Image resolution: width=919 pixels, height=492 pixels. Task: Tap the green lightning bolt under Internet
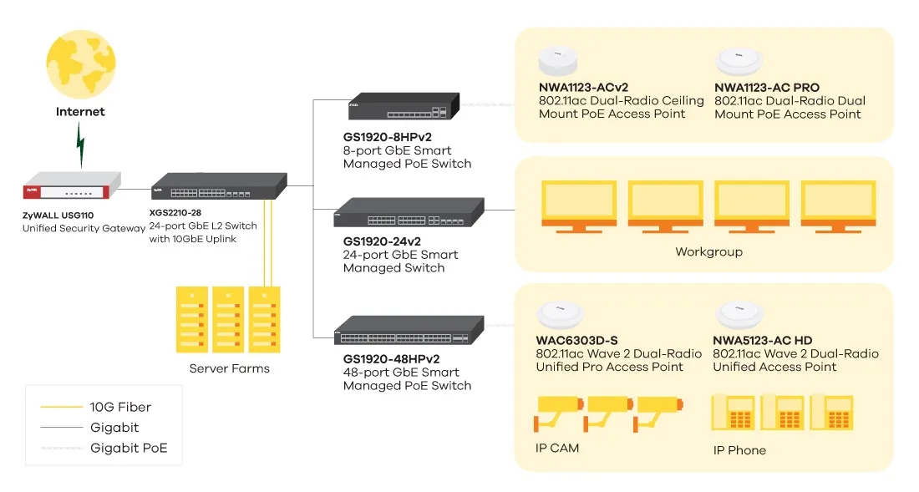pyautogui.click(x=81, y=145)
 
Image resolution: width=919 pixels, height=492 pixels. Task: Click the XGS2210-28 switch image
pyautogui.click(x=219, y=185)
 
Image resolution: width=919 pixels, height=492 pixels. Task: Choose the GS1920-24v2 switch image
pyautogui.click(x=409, y=214)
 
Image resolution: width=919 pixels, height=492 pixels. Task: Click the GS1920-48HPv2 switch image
pyautogui.click(x=409, y=331)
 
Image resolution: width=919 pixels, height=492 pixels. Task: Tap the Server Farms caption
pyautogui.click(x=229, y=368)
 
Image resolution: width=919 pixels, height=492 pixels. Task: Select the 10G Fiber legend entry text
pyautogui.click(x=120, y=408)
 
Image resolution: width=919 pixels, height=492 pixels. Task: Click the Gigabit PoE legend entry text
pyautogui.click(x=129, y=449)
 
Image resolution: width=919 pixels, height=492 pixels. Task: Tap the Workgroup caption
pyautogui.click(x=708, y=251)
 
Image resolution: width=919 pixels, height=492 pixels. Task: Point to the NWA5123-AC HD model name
pyautogui.click(x=762, y=340)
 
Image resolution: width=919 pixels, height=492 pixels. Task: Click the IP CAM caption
pyautogui.click(x=557, y=449)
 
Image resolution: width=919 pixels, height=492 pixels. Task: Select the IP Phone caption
pyautogui.click(x=739, y=450)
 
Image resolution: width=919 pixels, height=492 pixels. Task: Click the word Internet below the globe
pyautogui.click(x=80, y=111)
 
